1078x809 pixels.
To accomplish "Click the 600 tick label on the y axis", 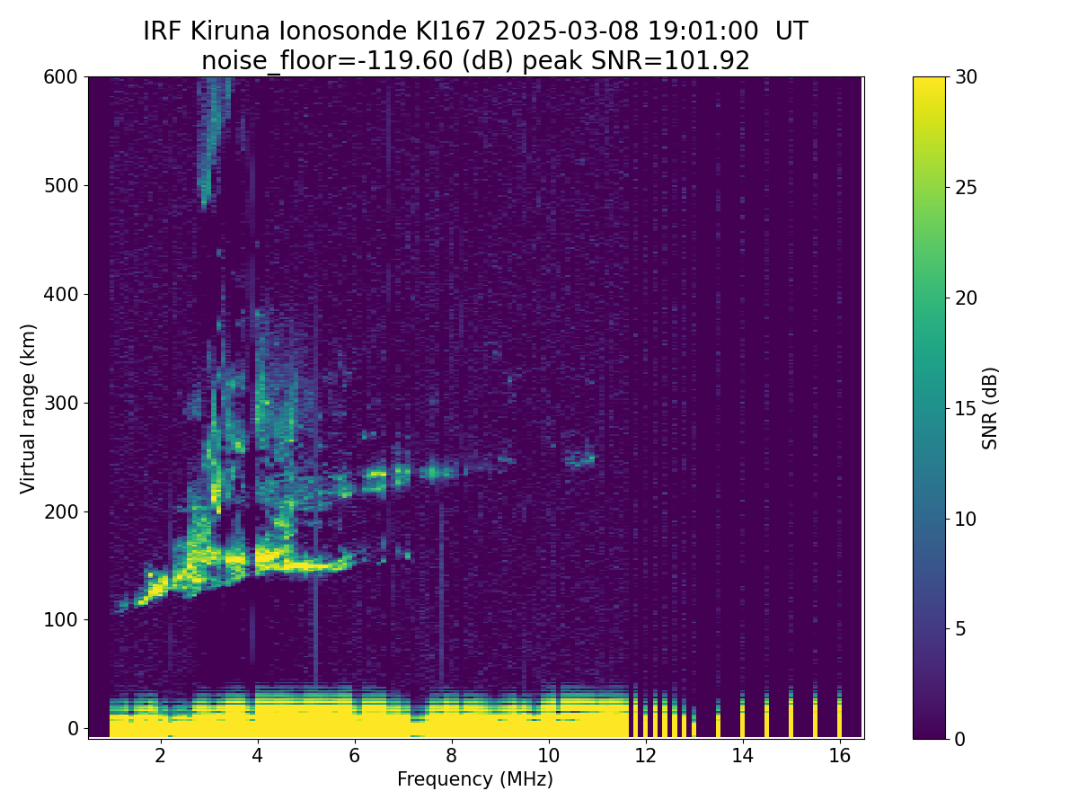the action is point(60,77).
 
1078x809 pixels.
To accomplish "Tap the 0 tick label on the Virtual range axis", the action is point(73,728).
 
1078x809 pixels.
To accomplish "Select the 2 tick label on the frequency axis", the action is point(160,755).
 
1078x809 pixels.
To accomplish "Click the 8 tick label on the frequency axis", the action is point(451,755).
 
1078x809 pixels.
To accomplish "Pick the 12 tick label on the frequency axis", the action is point(645,755).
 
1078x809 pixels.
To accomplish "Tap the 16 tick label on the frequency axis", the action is point(839,755).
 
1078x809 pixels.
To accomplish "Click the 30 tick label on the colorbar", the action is point(966,77).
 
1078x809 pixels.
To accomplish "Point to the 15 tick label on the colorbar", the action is point(966,408).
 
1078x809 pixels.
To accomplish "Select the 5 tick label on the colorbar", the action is point(960,628).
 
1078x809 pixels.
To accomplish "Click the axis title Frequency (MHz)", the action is point(475,779).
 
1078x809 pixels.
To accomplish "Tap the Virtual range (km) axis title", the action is point(28,409).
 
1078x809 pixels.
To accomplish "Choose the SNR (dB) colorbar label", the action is point(989,408).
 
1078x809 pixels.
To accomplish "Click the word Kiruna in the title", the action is point(229,31).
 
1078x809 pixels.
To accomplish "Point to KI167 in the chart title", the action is point(450,31).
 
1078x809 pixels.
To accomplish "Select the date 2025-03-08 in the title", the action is point(566,31).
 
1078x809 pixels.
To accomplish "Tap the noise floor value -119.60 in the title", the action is point(409,61).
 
